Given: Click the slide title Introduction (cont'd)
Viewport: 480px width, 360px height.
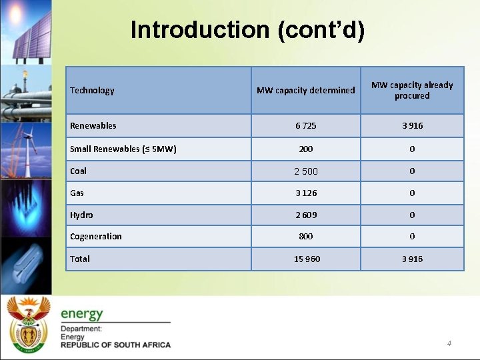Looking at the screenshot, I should (x=247, y=30).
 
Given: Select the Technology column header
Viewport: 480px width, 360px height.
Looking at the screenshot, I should (x=92, y=91).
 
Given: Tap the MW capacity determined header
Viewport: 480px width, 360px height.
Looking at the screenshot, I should (x=306, y=91).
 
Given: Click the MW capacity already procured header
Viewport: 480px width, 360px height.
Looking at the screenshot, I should (x=412, y=91).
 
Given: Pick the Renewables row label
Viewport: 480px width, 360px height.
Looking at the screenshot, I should (x=93, y=126).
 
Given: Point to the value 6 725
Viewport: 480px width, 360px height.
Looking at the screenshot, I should (x=306, y=126).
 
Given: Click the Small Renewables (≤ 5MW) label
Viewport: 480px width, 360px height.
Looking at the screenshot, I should (x=123, y=149).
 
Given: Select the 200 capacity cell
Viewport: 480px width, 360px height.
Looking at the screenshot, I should (x=306, y=149).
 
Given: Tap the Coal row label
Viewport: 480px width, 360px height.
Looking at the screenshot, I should (x=79, y=171).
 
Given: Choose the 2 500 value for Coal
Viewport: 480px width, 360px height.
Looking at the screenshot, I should (x=306, y=171).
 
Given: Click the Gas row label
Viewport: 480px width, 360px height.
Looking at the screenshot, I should (x=77, y=193).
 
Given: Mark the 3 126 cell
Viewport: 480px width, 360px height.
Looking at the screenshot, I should (x=306, y=193).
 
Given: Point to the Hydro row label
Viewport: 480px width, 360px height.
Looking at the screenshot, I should (x=81, y=215).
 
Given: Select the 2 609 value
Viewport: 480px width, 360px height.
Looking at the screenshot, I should (x=306, y=215).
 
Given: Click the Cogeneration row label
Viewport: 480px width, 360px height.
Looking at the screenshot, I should (x=96, y=237).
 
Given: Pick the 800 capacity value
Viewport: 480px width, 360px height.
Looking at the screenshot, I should (x=306, y=237).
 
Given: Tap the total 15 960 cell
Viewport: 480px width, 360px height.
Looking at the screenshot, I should (x=307, y=259).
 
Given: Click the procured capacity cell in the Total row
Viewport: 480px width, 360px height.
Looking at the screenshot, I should (x=412, y=259).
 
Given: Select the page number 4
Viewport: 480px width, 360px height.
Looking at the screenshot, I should (x=449, y=343).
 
